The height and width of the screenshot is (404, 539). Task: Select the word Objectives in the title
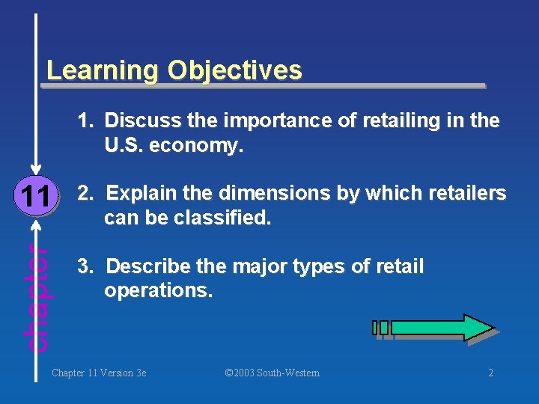click(235, 71)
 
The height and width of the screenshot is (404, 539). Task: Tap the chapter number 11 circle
click(35, 197)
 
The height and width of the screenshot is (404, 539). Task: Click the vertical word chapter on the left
click(37, 298)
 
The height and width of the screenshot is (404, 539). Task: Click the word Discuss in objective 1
click(135, 120)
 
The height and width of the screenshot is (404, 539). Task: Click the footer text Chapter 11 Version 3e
click(99, 373)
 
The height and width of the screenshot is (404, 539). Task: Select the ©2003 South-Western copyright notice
click(272, 373)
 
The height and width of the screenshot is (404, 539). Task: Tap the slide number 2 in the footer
click(490, 373)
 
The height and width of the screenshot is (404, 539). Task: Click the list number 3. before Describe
click(86, 266)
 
